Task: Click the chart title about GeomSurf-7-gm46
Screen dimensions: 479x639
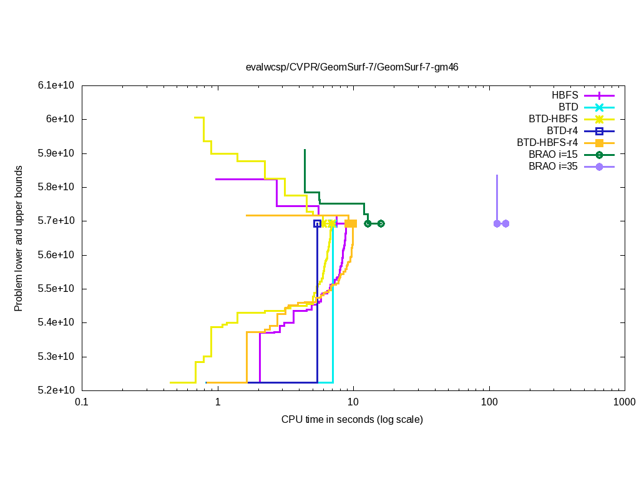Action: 352,67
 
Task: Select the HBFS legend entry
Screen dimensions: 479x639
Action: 565,95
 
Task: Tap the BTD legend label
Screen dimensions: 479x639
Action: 568,107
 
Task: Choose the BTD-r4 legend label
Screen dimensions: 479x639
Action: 562,131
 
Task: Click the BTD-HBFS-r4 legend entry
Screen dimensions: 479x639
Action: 548,143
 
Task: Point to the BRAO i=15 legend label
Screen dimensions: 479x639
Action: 553,155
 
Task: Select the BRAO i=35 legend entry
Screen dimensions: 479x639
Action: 553,167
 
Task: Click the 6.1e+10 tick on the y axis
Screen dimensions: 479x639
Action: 59,85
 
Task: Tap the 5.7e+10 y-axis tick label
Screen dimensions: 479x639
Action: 59,221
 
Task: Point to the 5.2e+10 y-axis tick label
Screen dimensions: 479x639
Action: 59,390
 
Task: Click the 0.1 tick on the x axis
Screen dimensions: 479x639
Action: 82,403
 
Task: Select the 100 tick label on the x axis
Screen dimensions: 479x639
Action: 489,403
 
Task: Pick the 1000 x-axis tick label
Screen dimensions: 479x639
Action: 625,403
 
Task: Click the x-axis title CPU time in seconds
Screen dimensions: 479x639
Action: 352,419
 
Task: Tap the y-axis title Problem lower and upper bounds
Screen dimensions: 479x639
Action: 19,238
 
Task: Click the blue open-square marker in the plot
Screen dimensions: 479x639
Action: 317,223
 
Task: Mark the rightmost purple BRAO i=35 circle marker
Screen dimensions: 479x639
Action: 505,223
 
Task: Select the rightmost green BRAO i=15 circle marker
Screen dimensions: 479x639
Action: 381,223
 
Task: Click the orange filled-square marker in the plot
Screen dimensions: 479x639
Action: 352,223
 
